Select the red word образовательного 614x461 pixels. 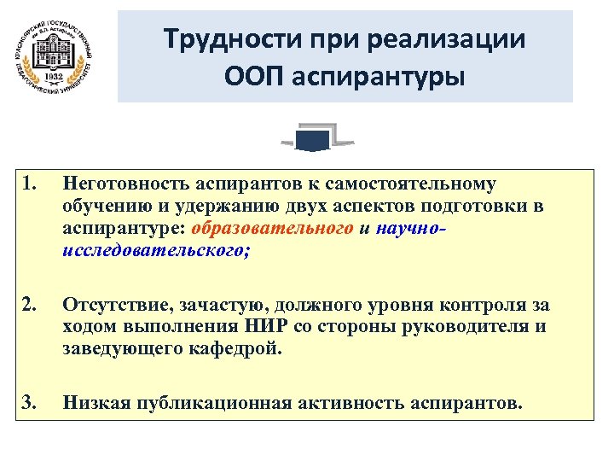(273, 229)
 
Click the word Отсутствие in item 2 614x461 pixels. (110, 305)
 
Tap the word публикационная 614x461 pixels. (190, 403)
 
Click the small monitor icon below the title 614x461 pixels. (316, 138)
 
